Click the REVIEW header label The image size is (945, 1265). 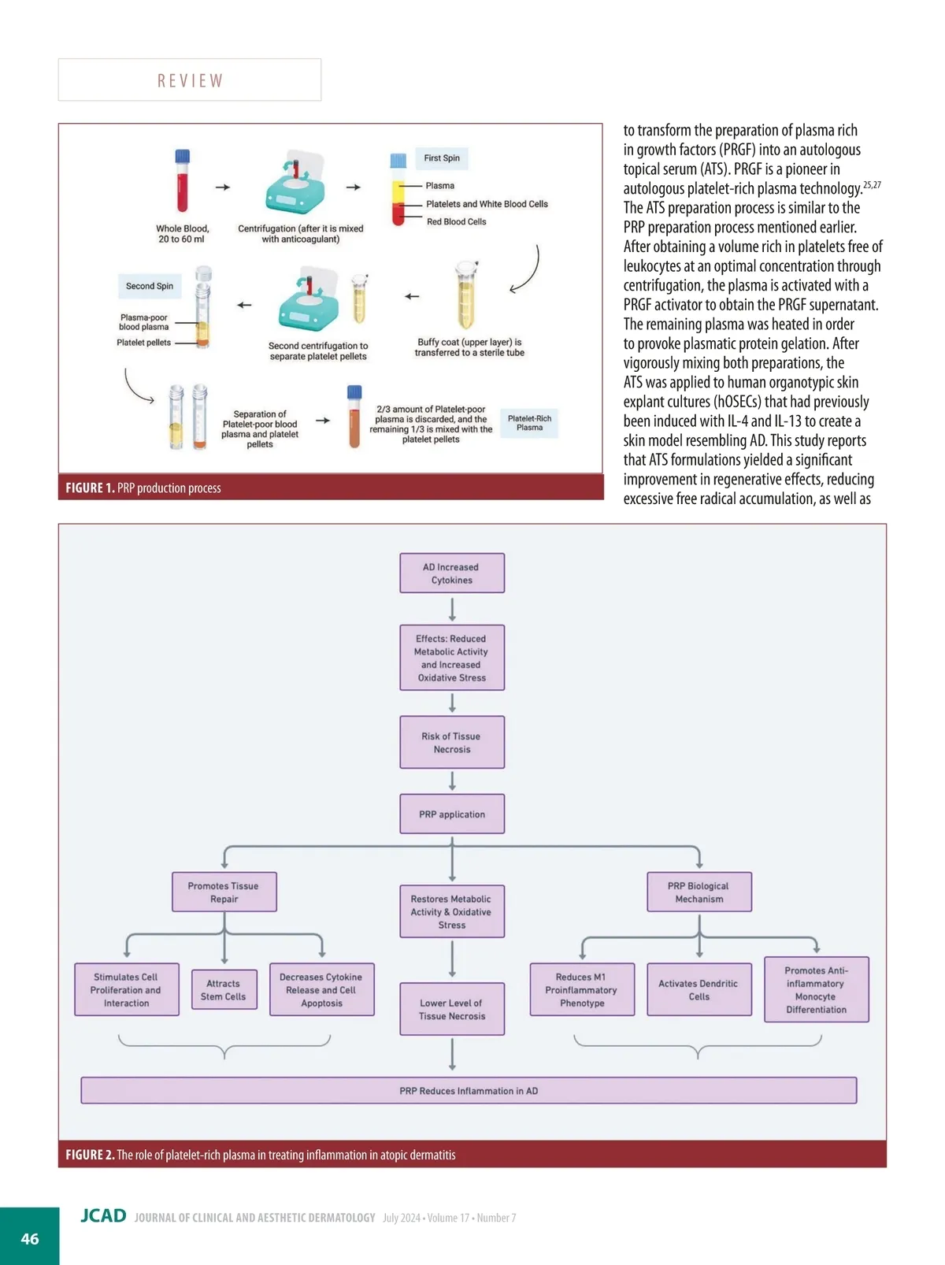coord(190,80)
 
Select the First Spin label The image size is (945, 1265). coord(441,158)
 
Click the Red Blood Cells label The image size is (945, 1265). coord(456,222)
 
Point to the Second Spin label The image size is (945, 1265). coord(149,286)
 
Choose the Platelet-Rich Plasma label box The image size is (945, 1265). coord(529,423)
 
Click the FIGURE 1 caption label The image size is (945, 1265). coord(90,488)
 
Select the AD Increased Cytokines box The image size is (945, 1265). coord(452,573)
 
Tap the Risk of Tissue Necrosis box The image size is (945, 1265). coord(452,743)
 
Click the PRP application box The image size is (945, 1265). coord(452,814)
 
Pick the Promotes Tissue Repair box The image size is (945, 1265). coord(224,892)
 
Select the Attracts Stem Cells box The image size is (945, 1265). coord(224,990)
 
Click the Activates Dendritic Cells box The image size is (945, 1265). coord(699,990)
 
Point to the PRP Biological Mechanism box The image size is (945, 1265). coord(699,892)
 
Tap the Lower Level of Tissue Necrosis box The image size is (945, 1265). coord(452,1010)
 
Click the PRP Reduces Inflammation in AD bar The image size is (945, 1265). coord(469,1091)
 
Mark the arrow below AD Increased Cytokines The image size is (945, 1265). coord(452,610)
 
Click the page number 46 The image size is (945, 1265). coord(30,1239)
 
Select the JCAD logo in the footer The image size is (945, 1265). coord(103,1216)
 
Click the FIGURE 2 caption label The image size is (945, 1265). coord(90,1155)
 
